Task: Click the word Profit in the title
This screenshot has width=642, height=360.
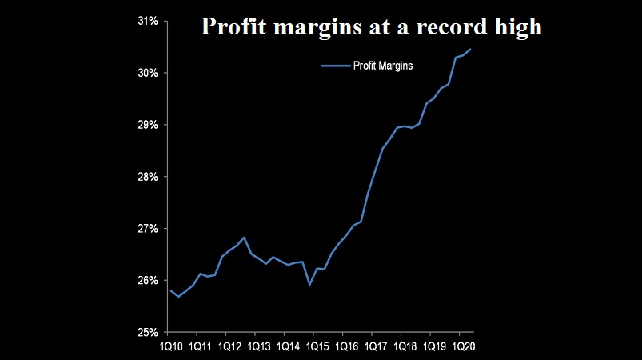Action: (x=230, y=27)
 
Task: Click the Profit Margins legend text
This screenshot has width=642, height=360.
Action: (x=383, y=66)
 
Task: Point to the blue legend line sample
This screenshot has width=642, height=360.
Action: (x=335, y=66)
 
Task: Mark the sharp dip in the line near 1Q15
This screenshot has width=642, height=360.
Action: (x=309, y=284)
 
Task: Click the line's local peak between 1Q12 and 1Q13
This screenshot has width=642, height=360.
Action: (x=244, y=238)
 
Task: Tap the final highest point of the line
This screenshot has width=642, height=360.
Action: (x=471, y=50)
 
